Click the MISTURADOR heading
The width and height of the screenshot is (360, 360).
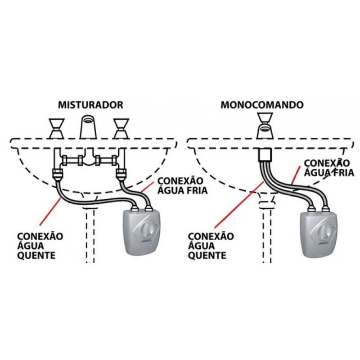[x=90, y=105]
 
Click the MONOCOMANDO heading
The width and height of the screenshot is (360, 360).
[x=262, y=105]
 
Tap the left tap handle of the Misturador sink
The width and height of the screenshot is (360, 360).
[x=57, y=128]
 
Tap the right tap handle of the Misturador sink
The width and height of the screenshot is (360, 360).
[x=120, y=128]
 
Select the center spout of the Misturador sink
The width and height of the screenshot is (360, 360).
[x=89, y=127]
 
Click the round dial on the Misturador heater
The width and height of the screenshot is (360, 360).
[x=146, y=231]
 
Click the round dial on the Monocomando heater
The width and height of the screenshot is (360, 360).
[x=323, y=233]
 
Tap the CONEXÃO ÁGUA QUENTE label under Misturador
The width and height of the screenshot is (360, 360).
[x=40, y=245]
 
